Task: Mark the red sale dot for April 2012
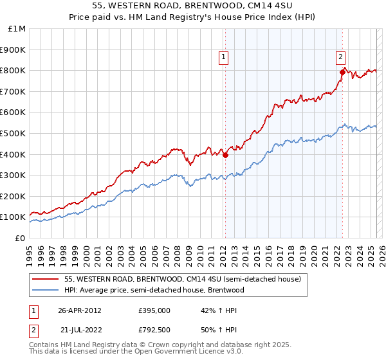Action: click(226, 155)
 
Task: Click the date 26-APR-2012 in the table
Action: click(80, 310)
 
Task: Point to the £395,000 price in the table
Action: click(154, 310)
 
